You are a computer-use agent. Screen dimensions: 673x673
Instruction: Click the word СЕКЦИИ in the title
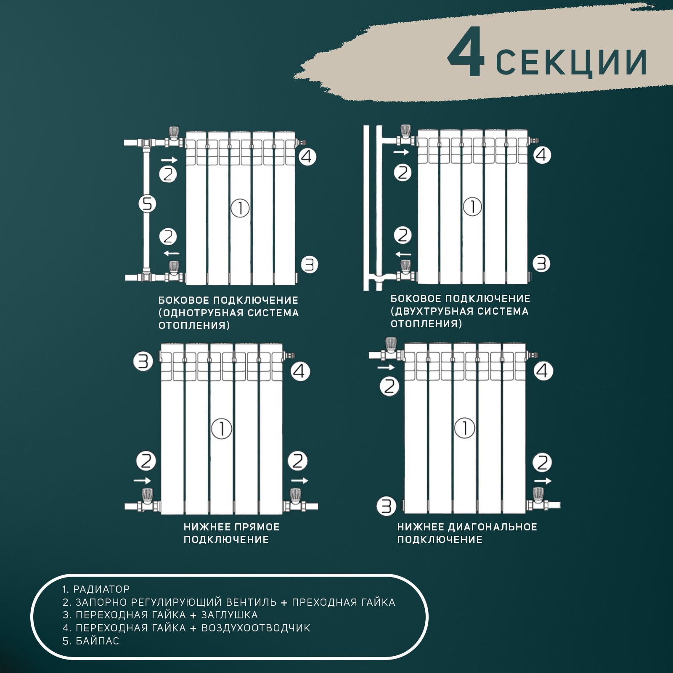point(571,63)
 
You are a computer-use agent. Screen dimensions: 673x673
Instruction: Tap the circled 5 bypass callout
point(147,204)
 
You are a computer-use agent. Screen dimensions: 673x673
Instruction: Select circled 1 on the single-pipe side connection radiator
point(240,208)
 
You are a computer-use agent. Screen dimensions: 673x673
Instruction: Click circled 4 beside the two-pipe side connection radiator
point(542,155)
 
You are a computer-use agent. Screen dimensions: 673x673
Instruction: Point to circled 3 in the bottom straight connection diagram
point(143,361)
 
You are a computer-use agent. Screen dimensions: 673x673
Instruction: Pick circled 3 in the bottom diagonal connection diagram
point(386,506)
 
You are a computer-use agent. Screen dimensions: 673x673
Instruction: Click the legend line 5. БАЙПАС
point(91,641)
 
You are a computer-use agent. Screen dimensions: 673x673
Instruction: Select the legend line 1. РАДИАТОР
point(96,589)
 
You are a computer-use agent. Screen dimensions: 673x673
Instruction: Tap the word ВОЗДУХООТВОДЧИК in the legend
point(256,628)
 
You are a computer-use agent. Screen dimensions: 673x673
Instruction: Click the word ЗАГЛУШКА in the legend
point(229,615)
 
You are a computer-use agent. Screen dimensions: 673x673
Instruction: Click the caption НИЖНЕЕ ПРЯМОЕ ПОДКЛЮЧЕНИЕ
point(231,533)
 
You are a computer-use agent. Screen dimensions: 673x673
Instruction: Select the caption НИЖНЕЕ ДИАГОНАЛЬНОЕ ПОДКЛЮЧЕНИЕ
point(467,533)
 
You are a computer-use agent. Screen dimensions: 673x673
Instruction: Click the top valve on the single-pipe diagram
point(173,137)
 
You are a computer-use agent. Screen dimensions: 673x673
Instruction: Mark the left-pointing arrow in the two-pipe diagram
point(403,254)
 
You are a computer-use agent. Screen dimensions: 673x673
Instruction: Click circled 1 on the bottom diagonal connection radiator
point(465,428)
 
